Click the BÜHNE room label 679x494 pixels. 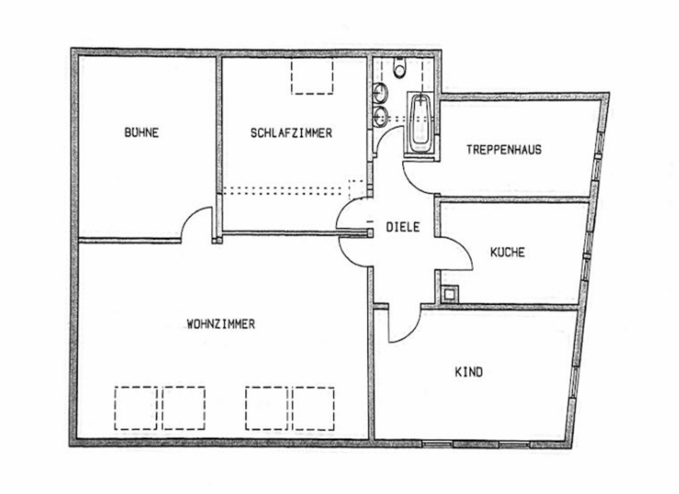(141, 132)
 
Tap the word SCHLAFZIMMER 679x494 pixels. (291, 132)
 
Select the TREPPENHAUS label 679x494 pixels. (504, 149)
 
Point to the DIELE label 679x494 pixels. (403, 227)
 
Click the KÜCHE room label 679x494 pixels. (508, 252)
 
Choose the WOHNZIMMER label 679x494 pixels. (221, 324)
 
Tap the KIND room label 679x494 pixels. (468, 371)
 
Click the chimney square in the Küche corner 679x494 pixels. (449, 294)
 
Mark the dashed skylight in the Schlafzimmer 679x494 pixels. (312, 76)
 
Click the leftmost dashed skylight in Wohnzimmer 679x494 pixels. (135, 408)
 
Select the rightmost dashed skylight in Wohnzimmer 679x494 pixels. (313, 408)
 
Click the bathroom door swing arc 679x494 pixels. (385, 142)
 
